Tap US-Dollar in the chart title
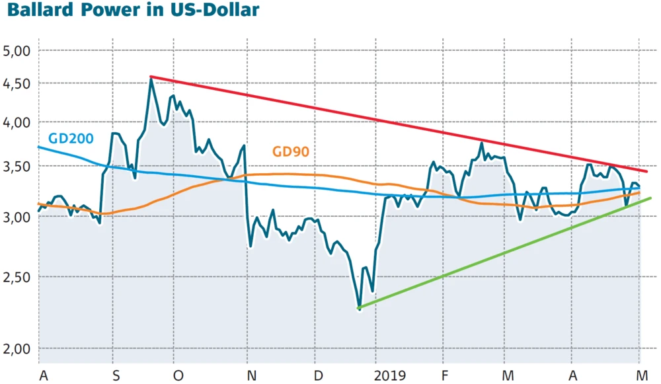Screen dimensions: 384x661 click(215, 11)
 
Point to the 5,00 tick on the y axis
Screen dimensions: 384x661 click(17, 51)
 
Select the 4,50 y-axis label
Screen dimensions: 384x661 click(17, 84)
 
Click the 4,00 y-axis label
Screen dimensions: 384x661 click(17, 122)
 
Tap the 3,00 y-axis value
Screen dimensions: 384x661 click(17, 217)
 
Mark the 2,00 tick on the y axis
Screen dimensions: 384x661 click(17, 349)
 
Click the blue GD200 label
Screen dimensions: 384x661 click(71, 139)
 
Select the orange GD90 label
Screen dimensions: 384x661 click(291, 152)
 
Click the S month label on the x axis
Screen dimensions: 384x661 click(116, 375)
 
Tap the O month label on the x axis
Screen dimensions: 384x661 click(178, 375)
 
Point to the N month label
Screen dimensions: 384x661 click(251, 375)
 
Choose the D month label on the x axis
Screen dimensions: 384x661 click(319, 375)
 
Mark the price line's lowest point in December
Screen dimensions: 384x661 click(359, 308)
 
